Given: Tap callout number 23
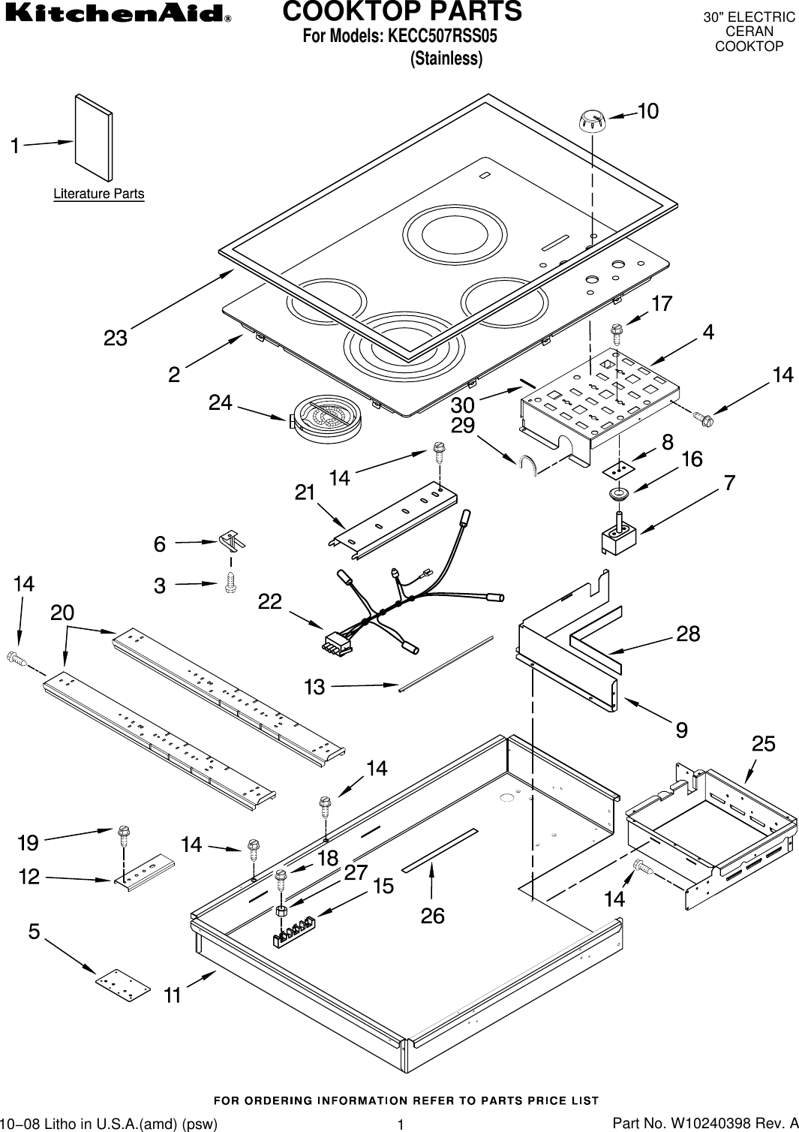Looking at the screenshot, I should coord(116,339).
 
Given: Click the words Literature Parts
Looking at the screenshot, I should coord(98,194).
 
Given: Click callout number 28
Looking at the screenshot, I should coord(688,634).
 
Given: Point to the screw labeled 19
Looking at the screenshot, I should coord(123,835).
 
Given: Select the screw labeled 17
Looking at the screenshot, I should coord(617,330).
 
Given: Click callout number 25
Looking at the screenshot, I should coord(764,744).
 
